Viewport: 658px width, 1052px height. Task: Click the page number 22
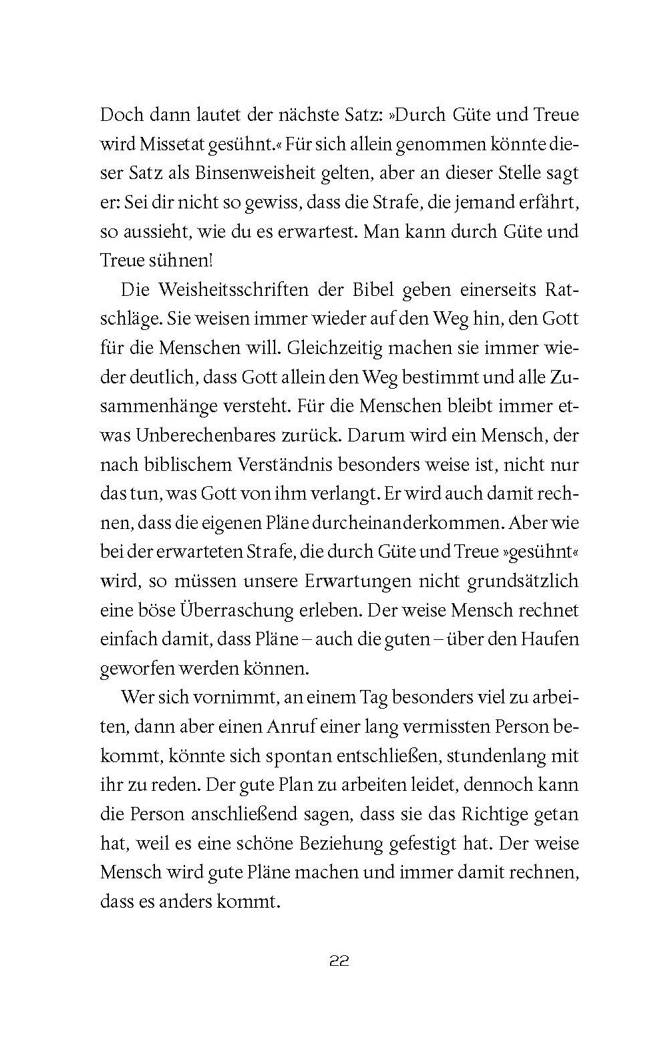click(339, 962)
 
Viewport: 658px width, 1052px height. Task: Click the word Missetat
click(168, 144)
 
